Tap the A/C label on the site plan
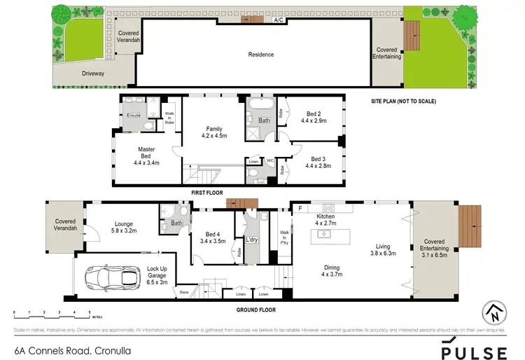click(x=279, y=20)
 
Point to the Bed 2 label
click(x=314, y=116)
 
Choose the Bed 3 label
click(x=318, y=162)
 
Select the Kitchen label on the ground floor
click(x=327, y=220)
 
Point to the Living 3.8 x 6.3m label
click(x=383, y=250)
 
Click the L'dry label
click(x=251, y=240)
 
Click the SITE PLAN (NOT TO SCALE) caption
click(x=403, y=102)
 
